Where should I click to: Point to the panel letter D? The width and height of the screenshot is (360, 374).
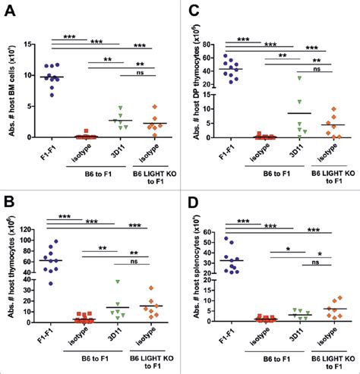click(x=193, y=200)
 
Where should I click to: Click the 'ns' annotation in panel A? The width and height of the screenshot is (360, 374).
click(x=139, y=75)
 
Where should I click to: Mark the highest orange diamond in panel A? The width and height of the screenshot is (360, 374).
click(x=156, y=107)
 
